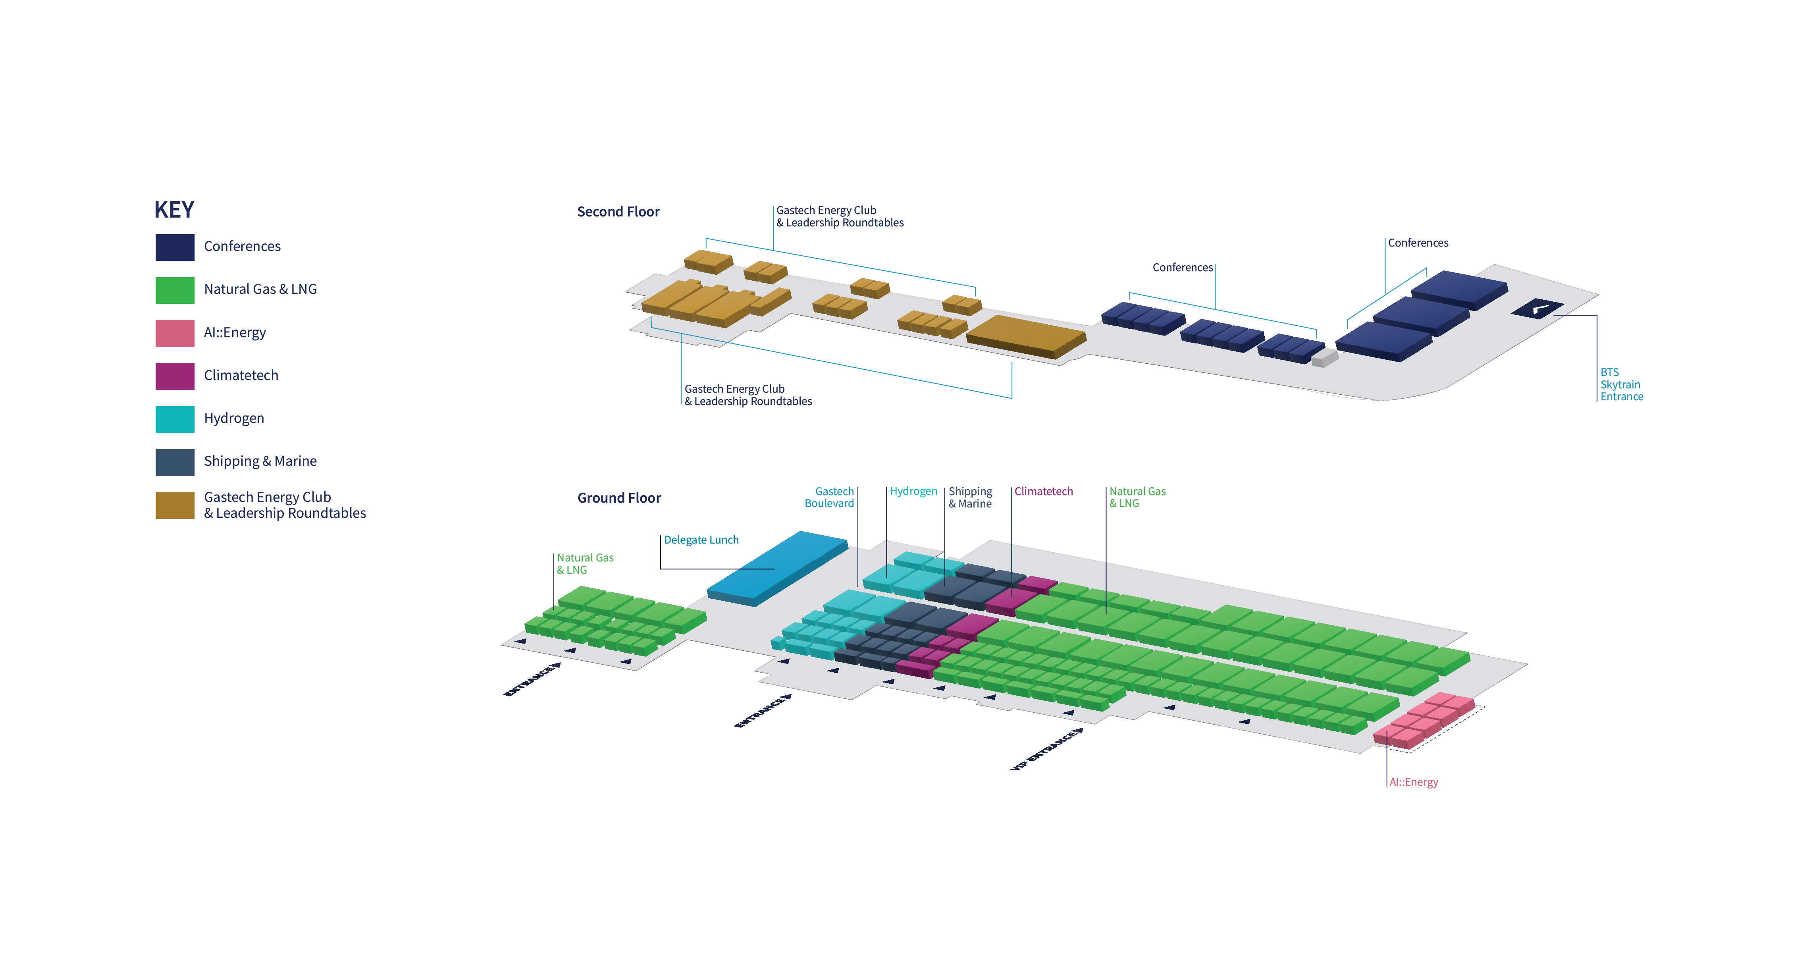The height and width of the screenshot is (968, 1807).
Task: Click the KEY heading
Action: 174,210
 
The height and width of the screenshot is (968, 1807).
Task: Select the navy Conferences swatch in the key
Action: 175,247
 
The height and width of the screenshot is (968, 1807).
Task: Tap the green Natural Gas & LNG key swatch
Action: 175,290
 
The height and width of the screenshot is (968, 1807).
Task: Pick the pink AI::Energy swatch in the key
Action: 175,333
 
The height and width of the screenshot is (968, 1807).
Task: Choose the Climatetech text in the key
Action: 241,375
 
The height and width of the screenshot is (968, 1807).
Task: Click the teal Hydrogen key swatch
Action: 175,419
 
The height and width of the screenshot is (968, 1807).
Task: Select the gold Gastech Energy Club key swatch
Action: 175,505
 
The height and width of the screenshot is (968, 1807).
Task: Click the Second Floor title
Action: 618,212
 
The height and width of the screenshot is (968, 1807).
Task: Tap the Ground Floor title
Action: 619,498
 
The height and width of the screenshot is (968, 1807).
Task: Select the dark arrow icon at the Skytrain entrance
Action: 1537,308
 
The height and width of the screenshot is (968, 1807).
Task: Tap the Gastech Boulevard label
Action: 829,497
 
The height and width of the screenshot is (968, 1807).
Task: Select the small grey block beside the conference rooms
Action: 1323,358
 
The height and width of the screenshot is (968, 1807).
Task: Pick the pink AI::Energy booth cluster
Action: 1424,720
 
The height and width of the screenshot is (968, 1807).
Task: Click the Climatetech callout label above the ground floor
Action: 1043,492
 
